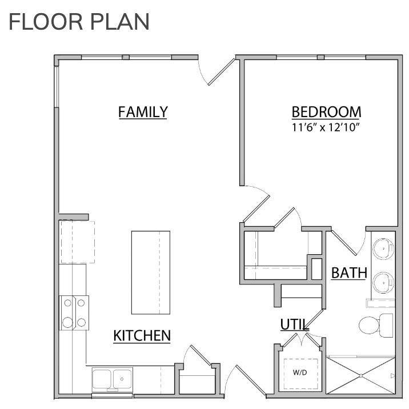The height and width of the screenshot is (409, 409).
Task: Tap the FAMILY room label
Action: (x=143, y=111)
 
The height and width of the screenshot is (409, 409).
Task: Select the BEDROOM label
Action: (x=326, y=111)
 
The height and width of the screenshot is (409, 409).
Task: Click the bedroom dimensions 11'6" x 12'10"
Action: (x=326, y=127)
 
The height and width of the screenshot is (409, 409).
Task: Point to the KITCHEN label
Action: (x=142, y=335)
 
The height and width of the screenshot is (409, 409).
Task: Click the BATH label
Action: (x=349, y=274)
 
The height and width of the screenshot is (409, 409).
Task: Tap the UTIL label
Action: (x=294, y=325)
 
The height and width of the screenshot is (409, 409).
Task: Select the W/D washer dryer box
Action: (x=299, y=372)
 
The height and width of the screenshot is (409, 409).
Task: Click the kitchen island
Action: (x=151, y=272)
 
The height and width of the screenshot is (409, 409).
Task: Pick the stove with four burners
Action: (x=74, y=312)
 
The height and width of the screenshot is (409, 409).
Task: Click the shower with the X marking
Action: (x=360, y=375)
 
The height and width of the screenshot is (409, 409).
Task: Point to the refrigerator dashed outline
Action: (x=78, y=242)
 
